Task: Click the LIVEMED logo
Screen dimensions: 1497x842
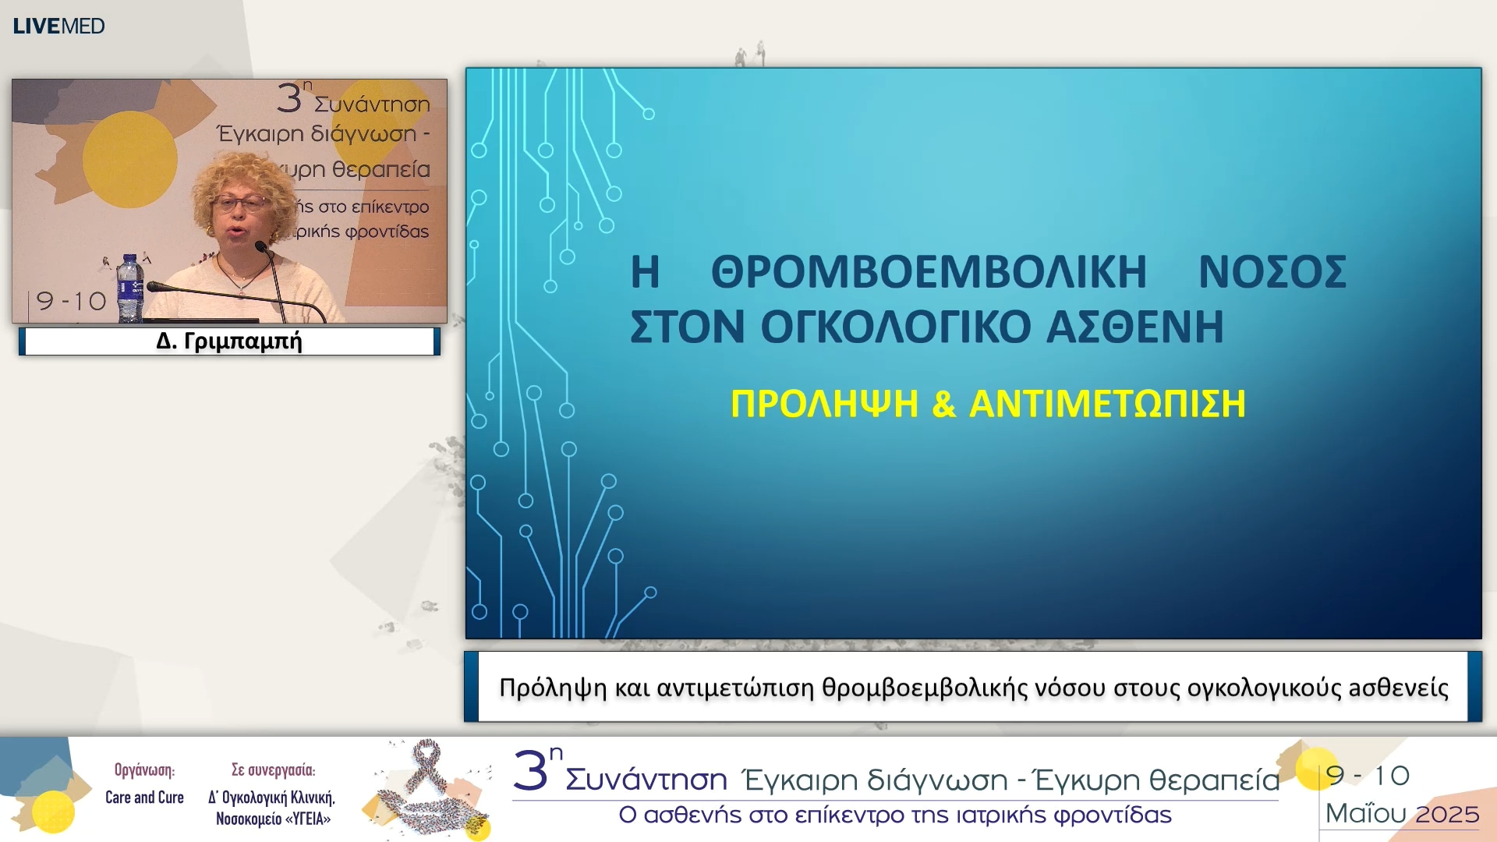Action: (x=58, y=26)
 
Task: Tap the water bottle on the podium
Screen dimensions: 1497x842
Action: (x=130, y=288)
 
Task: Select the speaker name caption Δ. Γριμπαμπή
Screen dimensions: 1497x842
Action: (x=229, y=341)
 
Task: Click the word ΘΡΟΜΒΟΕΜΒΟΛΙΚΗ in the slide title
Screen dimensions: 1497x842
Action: (x=929, y=272)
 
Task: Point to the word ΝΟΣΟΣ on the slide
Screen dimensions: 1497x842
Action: (x=1272, y=272)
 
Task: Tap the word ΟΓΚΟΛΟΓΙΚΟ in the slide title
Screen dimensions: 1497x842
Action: (x=897, y=327)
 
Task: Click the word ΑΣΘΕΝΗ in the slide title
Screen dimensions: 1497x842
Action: (x=1135, y=327)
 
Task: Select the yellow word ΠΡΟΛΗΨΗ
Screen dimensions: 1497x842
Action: (x=824, y=404)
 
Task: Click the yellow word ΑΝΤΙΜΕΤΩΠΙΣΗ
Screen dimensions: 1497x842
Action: (x=1107, y=404)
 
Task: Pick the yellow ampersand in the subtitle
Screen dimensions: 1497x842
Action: (x=943, y=404)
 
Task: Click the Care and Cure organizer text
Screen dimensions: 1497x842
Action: (x=144, y=798)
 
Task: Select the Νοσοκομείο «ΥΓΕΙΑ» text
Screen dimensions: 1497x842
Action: (x=274, y=819)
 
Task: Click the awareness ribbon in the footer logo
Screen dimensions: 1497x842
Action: (x=426, y=767)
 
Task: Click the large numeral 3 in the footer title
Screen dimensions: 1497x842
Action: (x=531, y=772)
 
